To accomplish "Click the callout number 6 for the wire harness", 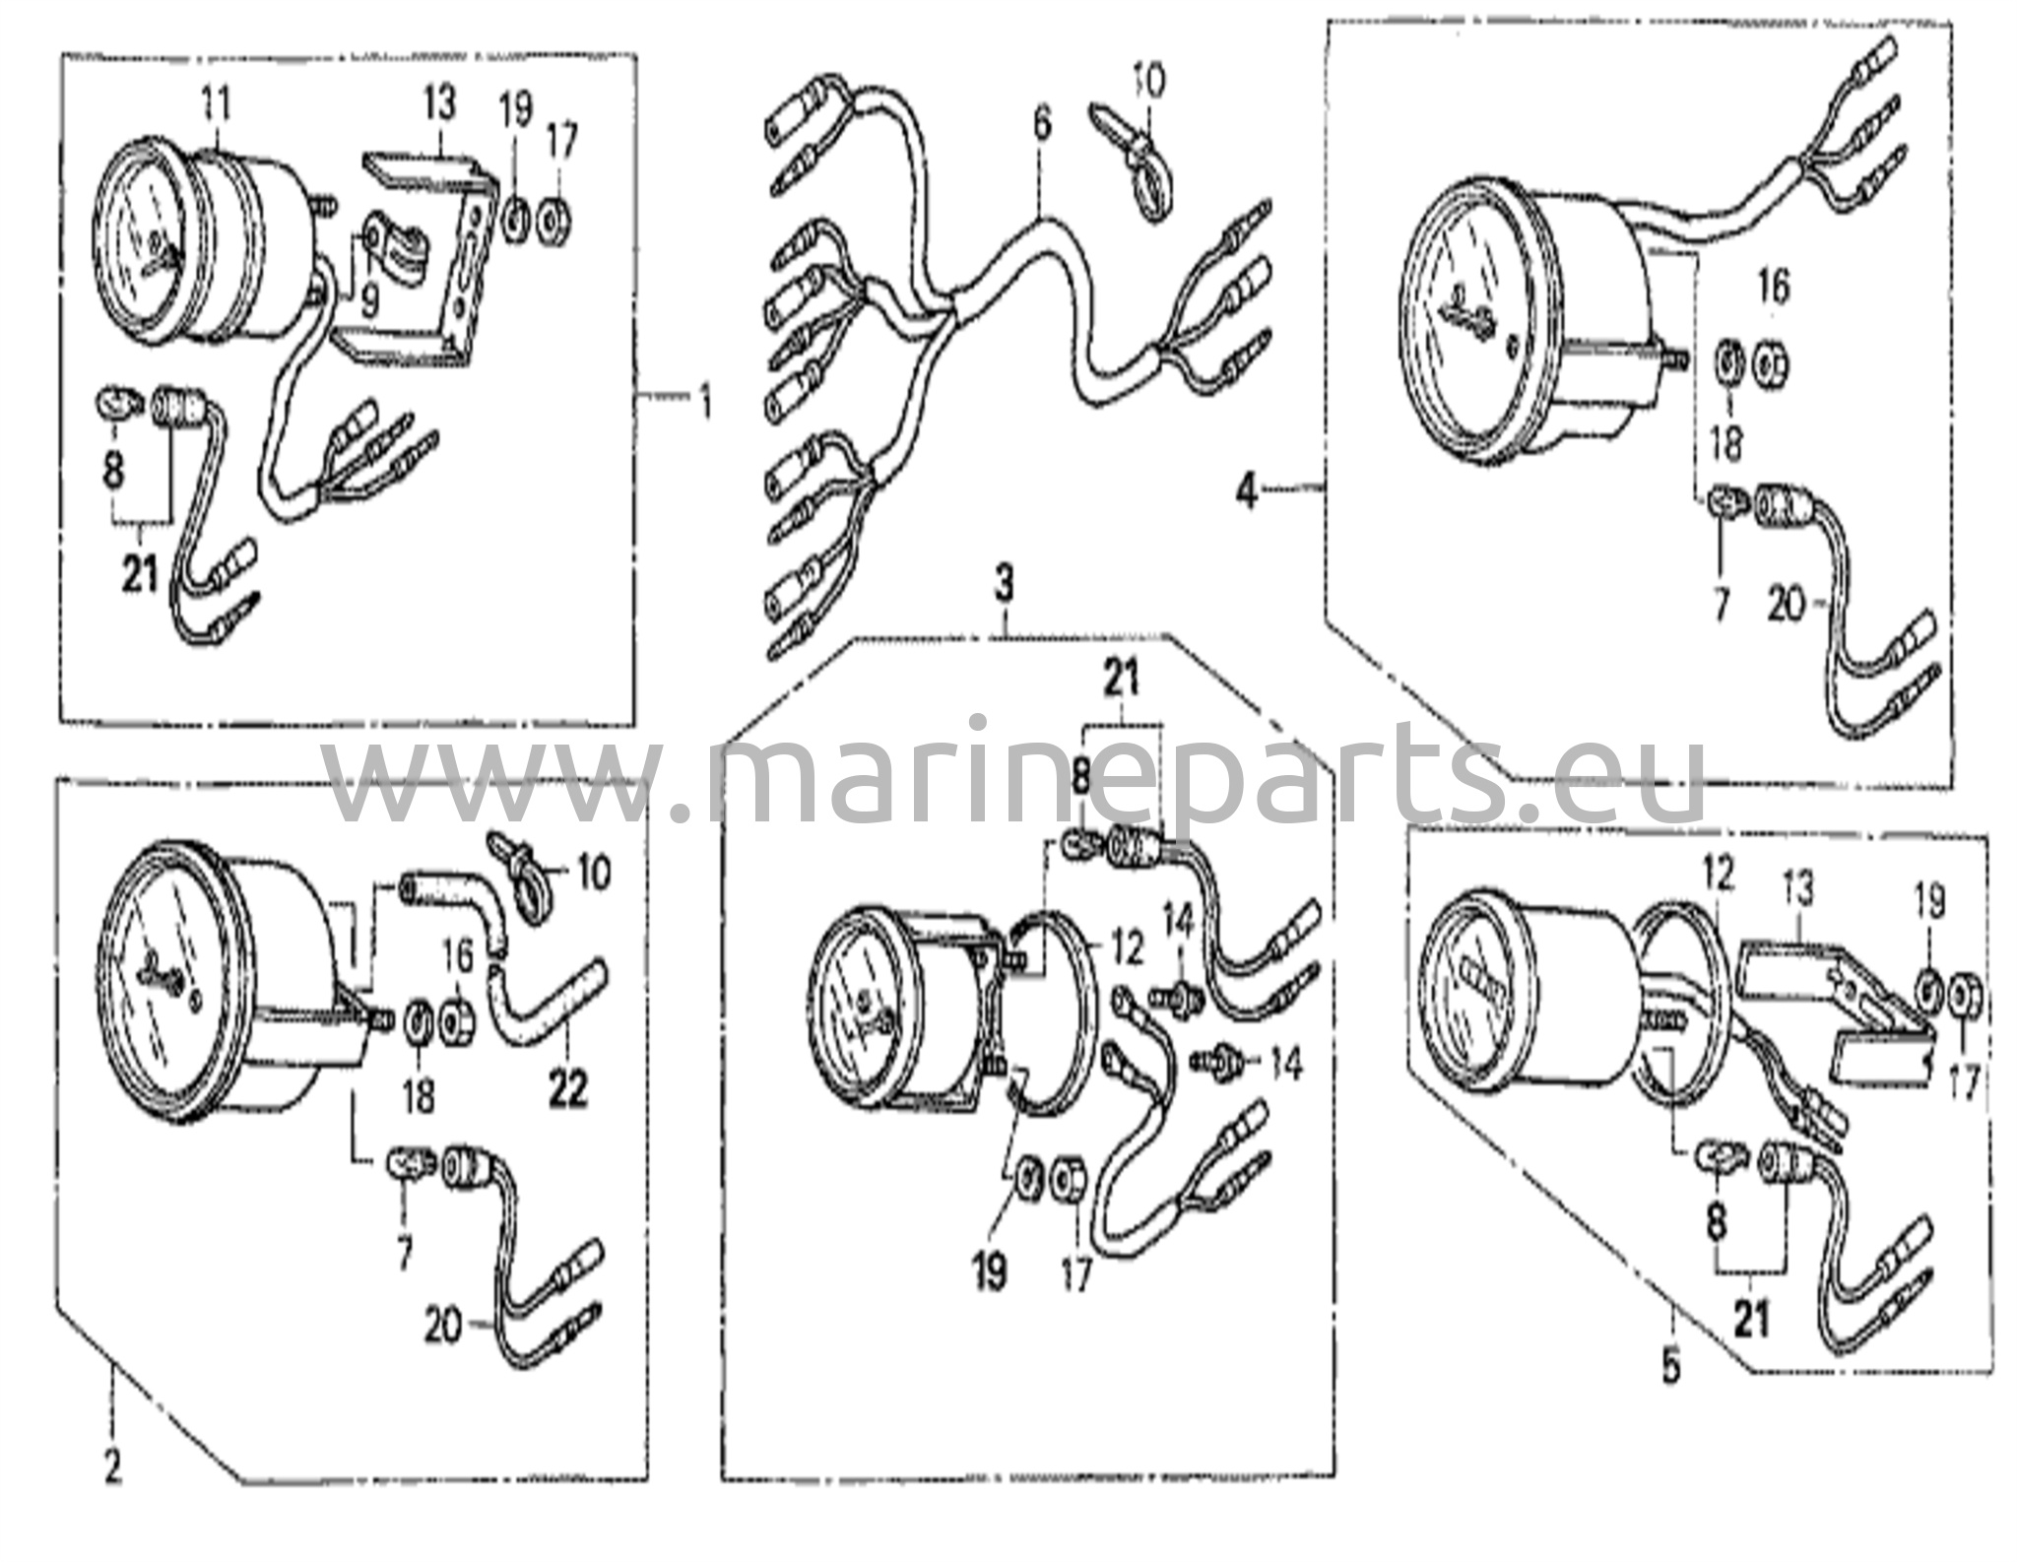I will click(1042, 124).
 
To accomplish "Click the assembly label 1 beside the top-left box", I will click(704, 402).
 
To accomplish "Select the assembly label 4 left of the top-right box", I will click(1247, 489).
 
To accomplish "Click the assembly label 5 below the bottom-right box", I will click(1670, 1367).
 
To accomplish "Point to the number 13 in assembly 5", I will click(1797, 891).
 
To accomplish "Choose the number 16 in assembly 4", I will click(1772, 288).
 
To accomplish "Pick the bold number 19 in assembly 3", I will click(991, 1271).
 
